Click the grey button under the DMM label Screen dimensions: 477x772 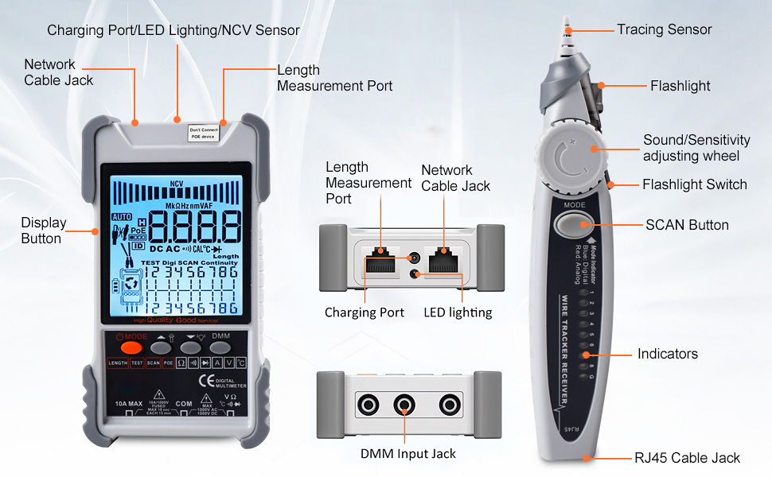coord(220,347)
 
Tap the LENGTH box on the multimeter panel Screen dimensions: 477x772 coord(118,363)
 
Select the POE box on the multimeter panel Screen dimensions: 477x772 coord(168,363)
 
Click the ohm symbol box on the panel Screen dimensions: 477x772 coord(181,363)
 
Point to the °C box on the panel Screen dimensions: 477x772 coord(240,363)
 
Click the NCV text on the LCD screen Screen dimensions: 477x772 coord(177,184)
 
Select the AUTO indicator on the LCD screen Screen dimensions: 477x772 coord(121,216)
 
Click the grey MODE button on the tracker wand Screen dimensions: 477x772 coord(575,224)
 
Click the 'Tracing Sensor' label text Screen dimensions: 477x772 coord(664,29)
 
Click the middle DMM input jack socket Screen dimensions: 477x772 coord(405,405)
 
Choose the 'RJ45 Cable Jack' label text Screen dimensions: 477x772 coord(687,457)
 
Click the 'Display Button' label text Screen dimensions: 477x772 coord(44,231)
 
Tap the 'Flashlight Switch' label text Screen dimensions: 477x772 coord(694,184)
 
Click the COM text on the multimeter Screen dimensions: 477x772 coord(184,404)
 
